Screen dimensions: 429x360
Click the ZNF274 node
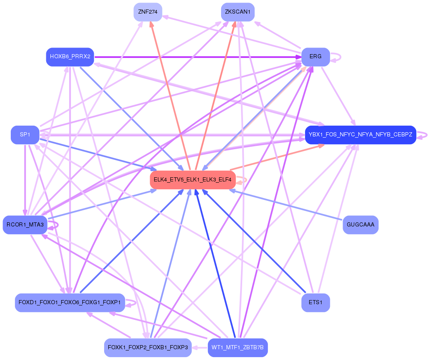pyautogui.click(x=148, y=12)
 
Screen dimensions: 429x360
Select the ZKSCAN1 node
pyautogui.click(x=238, y=12)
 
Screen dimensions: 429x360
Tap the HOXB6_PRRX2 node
pyautogui.click(x=70, y=57)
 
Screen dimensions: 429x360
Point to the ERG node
pyautogui.click(x=315, y=57)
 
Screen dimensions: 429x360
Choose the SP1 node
pyautogui.click(x=25, y=135)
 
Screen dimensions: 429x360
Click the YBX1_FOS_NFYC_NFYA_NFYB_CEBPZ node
pyautogui.click(x=360, y=135)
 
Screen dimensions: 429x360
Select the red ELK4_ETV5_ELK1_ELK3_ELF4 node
pyautogui.click(x=193, y=180)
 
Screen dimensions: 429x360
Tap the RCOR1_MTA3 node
pyautogui.click(x=25, y=225)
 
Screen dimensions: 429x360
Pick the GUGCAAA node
pyautogui.click(x=360, y=225)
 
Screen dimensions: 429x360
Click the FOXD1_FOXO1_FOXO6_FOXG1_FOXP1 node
pyautogui.click(x=70, y=303)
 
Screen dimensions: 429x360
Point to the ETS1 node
pyautogui.click(x=315, y=303)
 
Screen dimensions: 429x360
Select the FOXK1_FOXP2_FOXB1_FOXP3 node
pyautogui.click(x=148, y=348)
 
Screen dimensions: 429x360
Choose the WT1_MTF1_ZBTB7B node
pyautogui.click(x=238, y=348)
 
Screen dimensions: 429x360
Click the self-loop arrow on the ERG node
pyautogui.click(x=336, y=57)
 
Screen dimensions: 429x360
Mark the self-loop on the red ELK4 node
pyautogui.click(x=242, y=180)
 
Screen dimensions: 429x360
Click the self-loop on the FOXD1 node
pyautogui.click(x=131, y=303)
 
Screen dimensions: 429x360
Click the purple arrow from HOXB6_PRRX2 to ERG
pyautogui.click(x=198, y=57)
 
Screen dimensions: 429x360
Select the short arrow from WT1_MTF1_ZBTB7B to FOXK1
pyautogui.click(x=200, y=348)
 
